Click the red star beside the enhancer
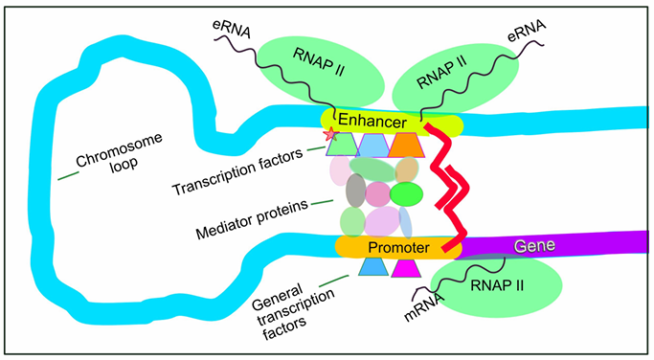point(330,134)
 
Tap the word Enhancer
point(372,121)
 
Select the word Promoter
point(398,247)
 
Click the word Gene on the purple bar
point(534,245)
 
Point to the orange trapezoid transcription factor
point(406,146)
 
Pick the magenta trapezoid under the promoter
point(406,268)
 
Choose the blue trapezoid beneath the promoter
point(373,267)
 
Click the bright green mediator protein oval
point(406,194)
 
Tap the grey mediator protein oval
point(356,191)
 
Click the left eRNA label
point(232,28)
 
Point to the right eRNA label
point(527,31)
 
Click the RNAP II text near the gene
point(497,285)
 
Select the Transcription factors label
point(237,171)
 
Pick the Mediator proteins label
point(253,220)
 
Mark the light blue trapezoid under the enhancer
point(373,146)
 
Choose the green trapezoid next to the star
point(343,145)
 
